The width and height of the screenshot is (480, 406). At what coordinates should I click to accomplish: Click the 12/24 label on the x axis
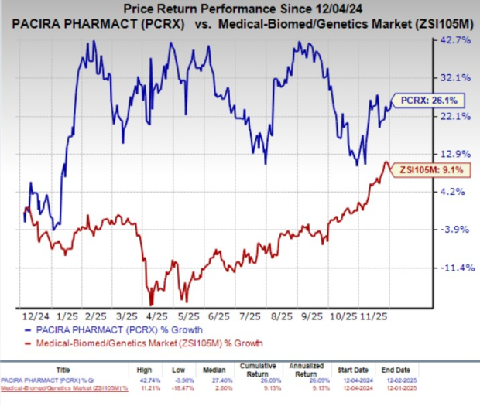pyautogui.click(x=31, y=317)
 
